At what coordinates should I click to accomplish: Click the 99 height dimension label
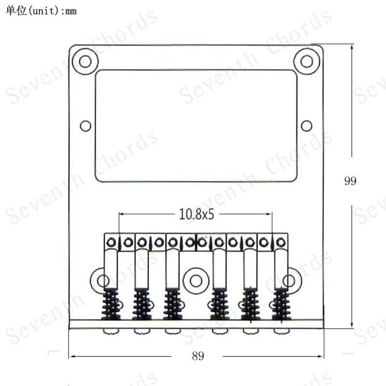[x=350, y=181]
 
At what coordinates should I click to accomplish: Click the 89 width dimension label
[x=198, y=356]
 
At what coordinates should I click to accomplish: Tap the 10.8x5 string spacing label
[x=196, y=214]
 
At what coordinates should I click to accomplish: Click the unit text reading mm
[x=71, y=11]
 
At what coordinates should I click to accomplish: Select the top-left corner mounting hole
[x=85, y=61]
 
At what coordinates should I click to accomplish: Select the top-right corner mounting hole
[x=307, y=61]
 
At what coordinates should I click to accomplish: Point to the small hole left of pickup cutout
[x=85, y=126]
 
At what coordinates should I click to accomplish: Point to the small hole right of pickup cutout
[x=306, y=126]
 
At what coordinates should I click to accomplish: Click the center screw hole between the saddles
[x=196, y=281]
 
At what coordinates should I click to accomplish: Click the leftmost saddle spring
[x=111, y=304]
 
